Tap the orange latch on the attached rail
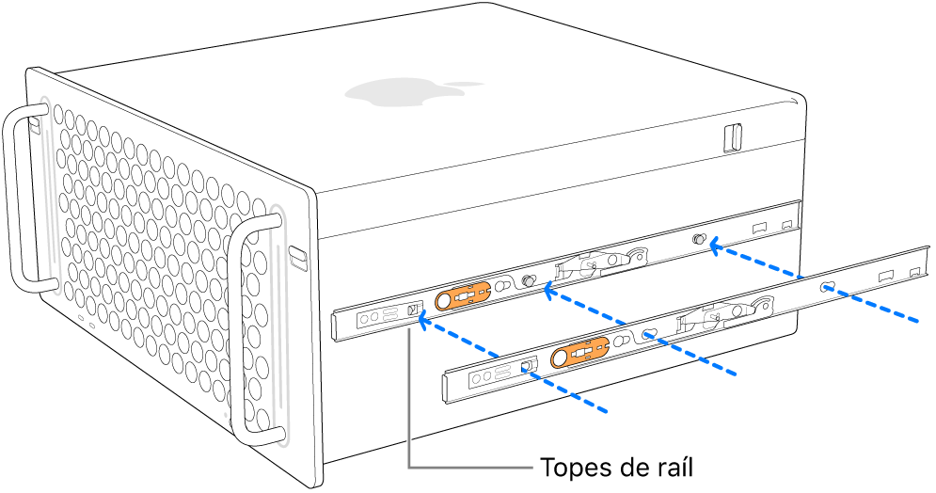(x=467, y=295)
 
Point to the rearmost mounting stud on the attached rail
(x=699, y=241)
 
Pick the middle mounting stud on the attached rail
(x=529, y=281)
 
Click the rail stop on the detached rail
(x=528, y=364)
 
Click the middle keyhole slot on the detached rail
(x=649, y=333)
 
